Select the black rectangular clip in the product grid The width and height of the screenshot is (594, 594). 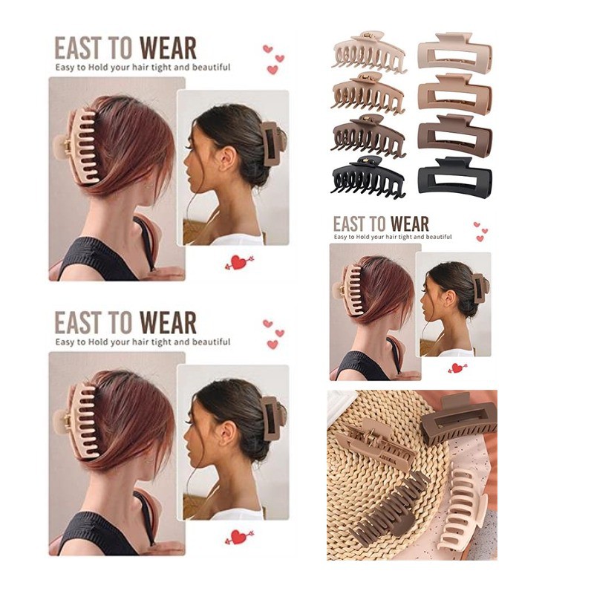tap(454, 176)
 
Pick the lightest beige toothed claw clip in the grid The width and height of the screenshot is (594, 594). tap(368, 52)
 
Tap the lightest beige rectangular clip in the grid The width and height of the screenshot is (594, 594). tap(454, 50)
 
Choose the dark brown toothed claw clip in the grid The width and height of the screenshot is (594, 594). tap(368, 136)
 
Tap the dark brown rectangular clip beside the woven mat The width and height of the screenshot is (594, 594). tap(457, 420)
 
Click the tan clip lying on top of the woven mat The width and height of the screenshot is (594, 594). tap(375, 443)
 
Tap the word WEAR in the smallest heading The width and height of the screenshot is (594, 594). tap(410, 224)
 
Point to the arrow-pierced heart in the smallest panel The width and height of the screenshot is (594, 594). tap(457, 367)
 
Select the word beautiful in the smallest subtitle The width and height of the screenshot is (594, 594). tap(439, 237)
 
